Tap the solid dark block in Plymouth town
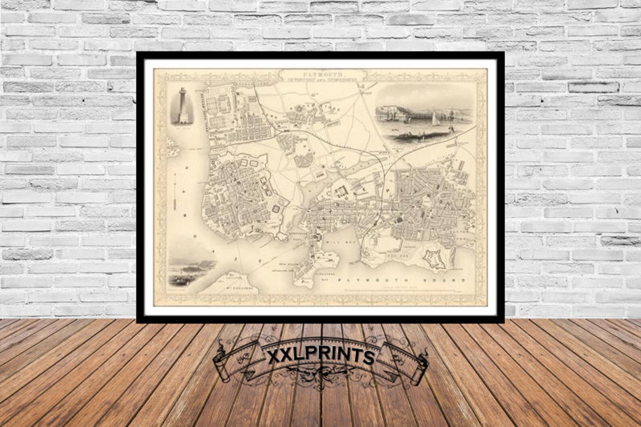pos(400,220)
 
